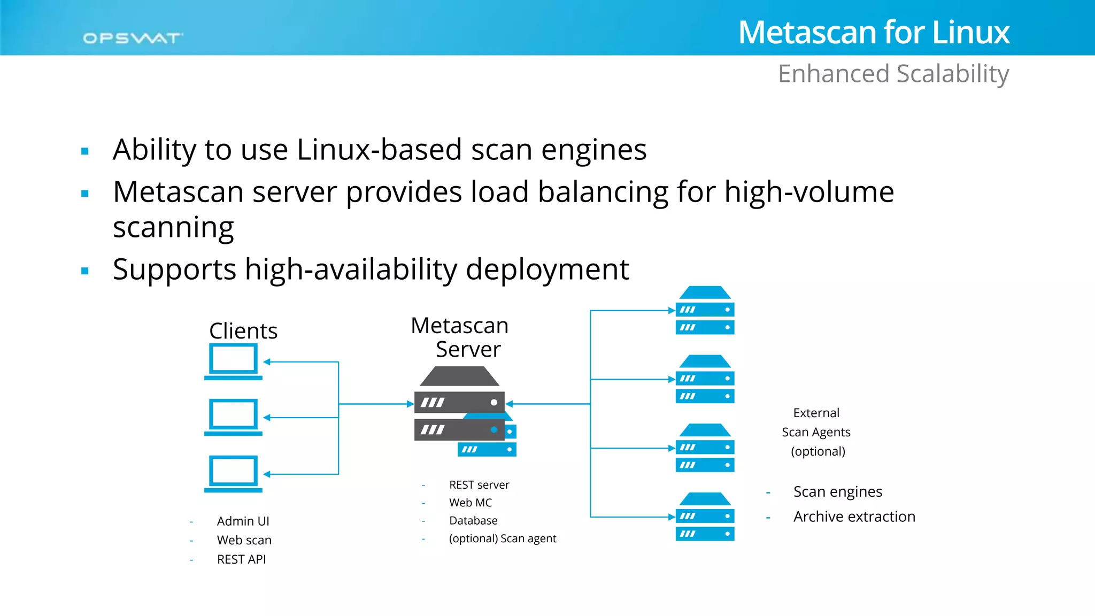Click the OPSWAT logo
133,38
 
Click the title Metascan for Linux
874,32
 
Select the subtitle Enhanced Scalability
893,74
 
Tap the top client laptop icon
233,361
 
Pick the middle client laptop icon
233,417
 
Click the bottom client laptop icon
233,474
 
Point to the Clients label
243,331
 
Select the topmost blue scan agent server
705,310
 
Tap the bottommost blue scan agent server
705,517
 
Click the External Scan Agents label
816,432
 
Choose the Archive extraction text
854,517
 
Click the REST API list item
241,559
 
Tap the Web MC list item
471,503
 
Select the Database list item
473,520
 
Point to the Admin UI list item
243,521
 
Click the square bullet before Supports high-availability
84,271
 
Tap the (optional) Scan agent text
503,538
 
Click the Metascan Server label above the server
460,337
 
